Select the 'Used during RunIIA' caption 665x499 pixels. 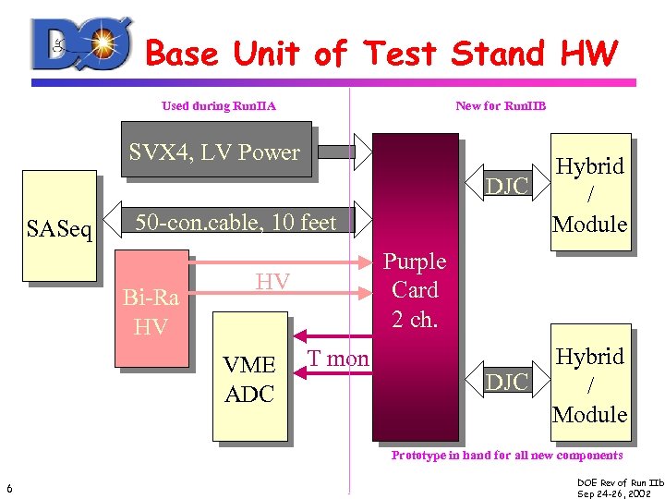click(x=219, y=105)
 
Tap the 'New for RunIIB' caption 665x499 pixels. click(x=501, y=105)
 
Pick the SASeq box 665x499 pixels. click(x=60, y=225)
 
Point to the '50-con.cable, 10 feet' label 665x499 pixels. click(x=236, y=223)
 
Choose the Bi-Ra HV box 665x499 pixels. click(x=151, y=313)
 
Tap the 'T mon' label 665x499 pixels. click(x=337, y=359)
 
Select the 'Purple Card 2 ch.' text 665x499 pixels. click(x=415, y=290)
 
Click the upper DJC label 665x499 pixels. click(x=507, y=187)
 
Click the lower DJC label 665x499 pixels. click(x=507, y=381)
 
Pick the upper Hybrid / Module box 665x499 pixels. click(x=589, y=195)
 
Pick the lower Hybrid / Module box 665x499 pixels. click(x=589, y=385)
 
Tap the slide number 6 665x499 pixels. click(x=8, y=488)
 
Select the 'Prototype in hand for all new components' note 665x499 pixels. click(x=507, y=455)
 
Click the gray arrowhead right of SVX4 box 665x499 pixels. click(x=363, y=152)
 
